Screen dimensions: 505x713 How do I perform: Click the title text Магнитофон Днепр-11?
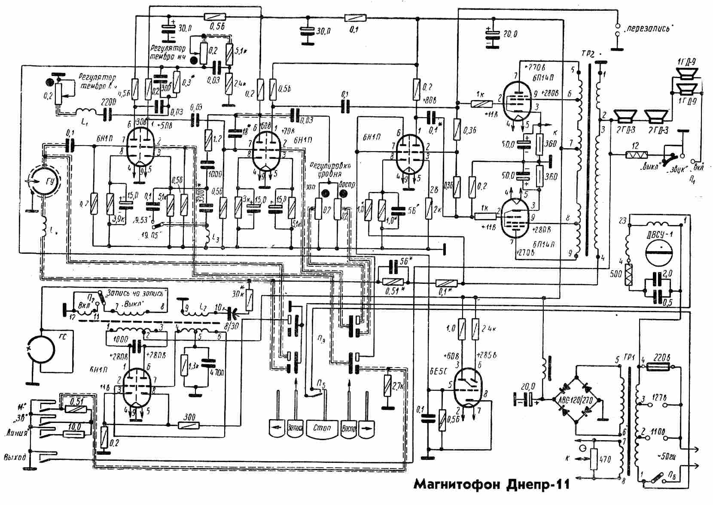pos(491,485)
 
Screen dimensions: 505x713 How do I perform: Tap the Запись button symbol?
pos(295,429)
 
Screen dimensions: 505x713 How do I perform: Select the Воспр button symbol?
pos(348,429)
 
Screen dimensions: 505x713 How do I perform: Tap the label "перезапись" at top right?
pos(649,29)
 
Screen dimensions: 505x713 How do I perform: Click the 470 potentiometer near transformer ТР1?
pos(593,460)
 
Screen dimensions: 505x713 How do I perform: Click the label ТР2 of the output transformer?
pos(588,55)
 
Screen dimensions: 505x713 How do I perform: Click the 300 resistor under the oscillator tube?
pos(189,425)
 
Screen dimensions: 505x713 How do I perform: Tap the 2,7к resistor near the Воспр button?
pos(388,385)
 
